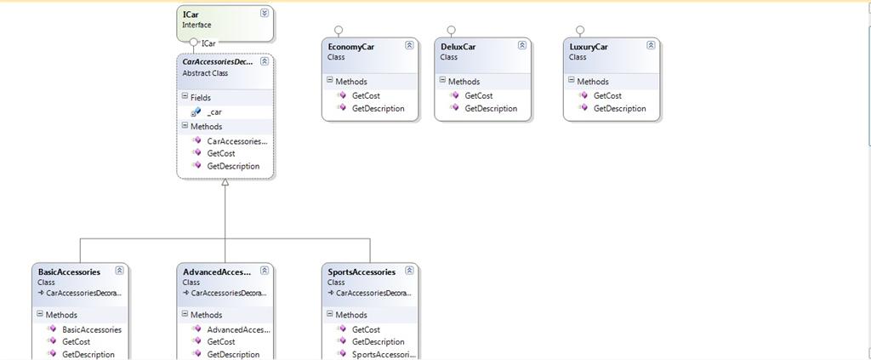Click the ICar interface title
coord(191,14)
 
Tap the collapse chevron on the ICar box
coord(265,13)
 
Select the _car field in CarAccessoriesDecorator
coord(214,111)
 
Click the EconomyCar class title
coord(350,47)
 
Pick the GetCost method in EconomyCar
coord(366,95)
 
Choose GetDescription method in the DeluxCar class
coord(490,108)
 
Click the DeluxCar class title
coord(458,47)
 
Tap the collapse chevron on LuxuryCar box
coord(651,45)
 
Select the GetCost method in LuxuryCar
coord(607,95)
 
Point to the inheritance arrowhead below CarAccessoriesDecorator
coord(225,183)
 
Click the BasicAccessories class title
coord(69,272)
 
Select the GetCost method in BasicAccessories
coord(77,341)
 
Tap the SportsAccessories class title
coord(361,272)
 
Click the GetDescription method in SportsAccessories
coord(378,341)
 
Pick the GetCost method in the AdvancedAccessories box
coord(221,341)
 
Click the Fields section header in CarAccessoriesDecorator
coord(200,98)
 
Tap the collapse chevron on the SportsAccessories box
coord(409,271)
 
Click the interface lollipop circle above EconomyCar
coord(339,29)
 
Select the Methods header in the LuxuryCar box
coord(593,82)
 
